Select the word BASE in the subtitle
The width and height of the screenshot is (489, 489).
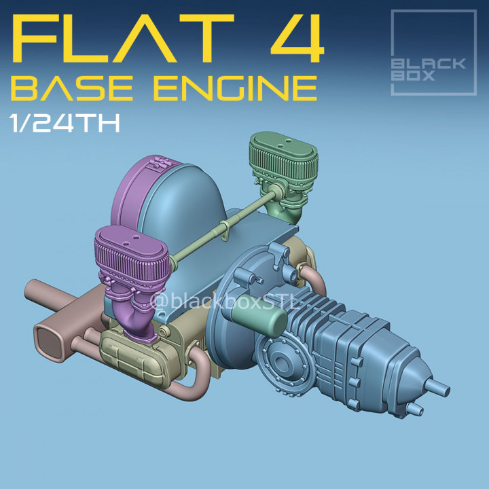pyautogui.click(x=65, y=88)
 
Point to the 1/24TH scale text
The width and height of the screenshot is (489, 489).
pyautogui.click(x=65, y=124)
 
